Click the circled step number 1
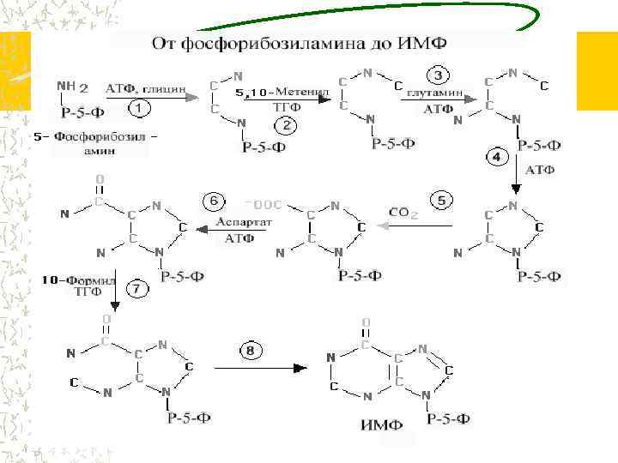tap(140, 110)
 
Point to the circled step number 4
tap(496, 157)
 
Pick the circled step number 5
tap(440, 201)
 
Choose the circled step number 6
tap(215, 201)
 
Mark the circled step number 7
tap(136, 290)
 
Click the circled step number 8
tap(251, 350)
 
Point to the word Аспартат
tap(244, 221)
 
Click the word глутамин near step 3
tap(435, 92)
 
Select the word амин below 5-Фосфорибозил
tap(101, 151)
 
